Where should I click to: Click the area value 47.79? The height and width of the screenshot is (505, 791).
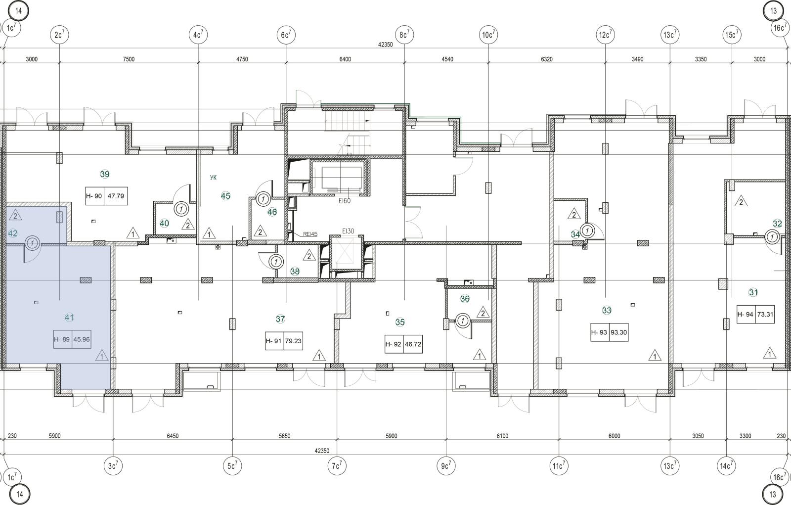click(116, 196)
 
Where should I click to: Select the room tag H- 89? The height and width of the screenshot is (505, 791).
click(62, 339)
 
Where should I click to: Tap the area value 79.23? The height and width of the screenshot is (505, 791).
click(293, 341)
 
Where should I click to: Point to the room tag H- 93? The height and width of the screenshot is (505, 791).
click(599, 332)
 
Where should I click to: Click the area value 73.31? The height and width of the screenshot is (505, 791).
click(765, 314)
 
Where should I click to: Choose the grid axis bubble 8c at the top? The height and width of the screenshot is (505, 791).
click(404, 35)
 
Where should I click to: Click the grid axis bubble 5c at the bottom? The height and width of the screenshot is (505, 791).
click(232, 466)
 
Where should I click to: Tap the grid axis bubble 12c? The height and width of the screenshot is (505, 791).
click(605, 35)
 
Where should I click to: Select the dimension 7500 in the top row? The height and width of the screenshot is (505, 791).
click(129, 59)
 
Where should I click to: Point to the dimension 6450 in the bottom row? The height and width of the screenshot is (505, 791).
click(173, 436)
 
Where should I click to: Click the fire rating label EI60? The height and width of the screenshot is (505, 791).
click(345, 201)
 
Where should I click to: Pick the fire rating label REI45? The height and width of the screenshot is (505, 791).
click(310, 234)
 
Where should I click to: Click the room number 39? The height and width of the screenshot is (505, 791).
click(105, 174)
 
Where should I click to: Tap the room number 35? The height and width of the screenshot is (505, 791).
click(400, 322)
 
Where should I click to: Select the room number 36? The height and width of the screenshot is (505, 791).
click(465, 299)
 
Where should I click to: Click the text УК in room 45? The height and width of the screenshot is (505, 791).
click(213, 178)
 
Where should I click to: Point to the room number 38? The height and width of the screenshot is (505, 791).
click(295, 272)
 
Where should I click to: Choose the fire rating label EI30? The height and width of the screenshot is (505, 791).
click(348, 231)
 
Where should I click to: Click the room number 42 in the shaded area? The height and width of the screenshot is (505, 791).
click(13, 233)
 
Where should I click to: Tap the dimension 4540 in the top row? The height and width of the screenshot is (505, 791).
click(447, 59)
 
